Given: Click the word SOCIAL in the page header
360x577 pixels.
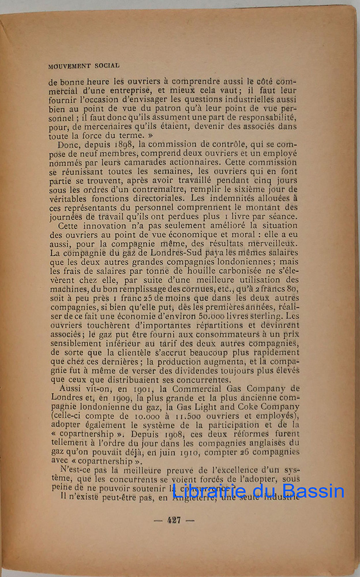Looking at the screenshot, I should [x=105, y=66].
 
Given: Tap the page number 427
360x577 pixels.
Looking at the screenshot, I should [x=174, y=519].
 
